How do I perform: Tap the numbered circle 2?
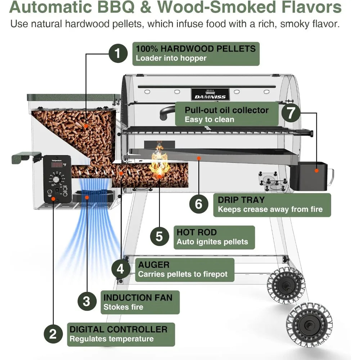pos(53,334)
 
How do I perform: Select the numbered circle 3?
pos(87,301)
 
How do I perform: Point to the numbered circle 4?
pos(121,269)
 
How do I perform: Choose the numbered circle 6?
pos(199,204)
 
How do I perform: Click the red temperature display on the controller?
pos(58,165)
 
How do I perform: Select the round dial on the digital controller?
pos(56,179)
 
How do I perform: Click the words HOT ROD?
pos(197,232)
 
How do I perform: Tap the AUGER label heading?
pos(154,265)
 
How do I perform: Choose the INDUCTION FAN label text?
pos(138,297)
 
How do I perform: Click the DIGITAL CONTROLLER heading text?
pos(118,329)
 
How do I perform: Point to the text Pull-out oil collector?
pos(226,110)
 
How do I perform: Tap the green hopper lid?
pos(73,97)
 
